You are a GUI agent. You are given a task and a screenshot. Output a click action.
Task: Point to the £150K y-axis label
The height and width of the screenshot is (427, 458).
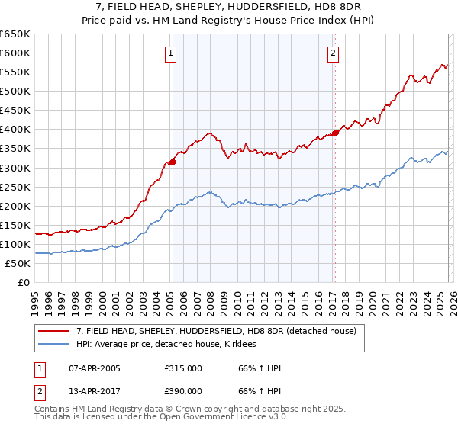coord(15,225)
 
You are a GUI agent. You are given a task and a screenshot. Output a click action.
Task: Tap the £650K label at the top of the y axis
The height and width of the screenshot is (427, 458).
coord(15,34)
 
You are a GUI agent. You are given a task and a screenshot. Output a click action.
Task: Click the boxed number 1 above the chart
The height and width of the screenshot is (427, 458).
coord(169,53)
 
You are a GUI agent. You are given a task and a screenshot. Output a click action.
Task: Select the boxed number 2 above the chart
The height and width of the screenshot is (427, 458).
coord(334,53)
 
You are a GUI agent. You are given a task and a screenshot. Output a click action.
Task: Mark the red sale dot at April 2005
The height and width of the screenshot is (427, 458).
coord(173,161)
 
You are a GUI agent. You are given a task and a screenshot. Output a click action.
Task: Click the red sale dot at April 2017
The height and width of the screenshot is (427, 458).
coord(335,133)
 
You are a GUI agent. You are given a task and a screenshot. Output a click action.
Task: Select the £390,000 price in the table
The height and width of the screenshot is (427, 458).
coord(183,390)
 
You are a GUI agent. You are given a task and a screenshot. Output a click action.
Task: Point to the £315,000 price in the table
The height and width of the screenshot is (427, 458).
coord(183,368)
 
